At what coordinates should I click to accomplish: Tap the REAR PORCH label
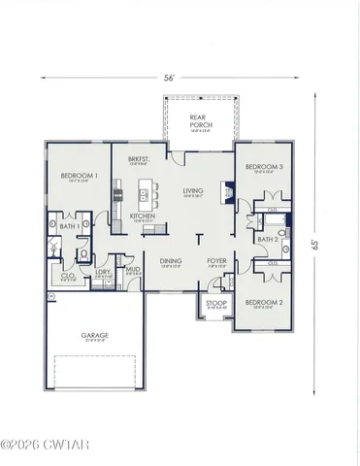point(201,121)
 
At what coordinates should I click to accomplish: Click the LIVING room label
point(193,191)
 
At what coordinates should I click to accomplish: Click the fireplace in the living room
point(228,192)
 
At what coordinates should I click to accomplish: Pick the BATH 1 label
point(69,226)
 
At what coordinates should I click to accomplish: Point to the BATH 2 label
point(268,239)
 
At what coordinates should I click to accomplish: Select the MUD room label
point(132,271)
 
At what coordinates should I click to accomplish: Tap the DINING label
point(171,260)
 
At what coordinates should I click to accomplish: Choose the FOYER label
point(216,260)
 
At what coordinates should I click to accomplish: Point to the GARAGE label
point(94,335)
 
